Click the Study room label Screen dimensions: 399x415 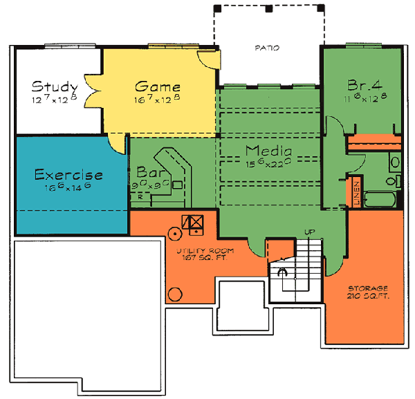coord(55,87)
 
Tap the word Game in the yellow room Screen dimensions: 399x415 coord(158,87)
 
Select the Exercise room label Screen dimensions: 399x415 coord(68,175)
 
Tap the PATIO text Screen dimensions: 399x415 coord(266,48)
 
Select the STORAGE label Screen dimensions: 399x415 coord(367,288)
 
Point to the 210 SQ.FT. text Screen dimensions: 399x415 coord(367,296)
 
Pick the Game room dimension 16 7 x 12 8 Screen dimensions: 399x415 coord(158,100)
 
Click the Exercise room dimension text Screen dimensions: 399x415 coord(68,187)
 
